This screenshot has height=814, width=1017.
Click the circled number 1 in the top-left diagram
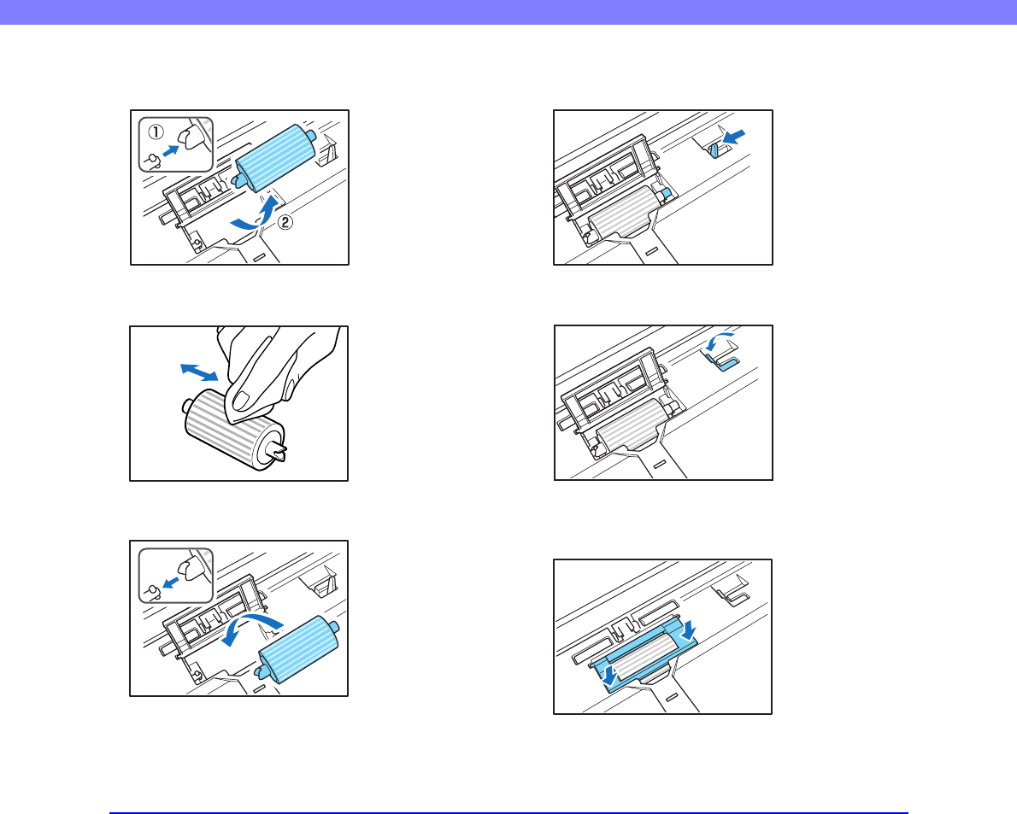tap(156, 132)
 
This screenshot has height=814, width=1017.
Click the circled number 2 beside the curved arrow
tap(285, 222)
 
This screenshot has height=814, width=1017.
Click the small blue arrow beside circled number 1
tap(171, 150)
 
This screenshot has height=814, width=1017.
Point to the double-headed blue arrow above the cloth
tap(199, 372)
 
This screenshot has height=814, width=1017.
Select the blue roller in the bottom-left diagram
tap(298, 649)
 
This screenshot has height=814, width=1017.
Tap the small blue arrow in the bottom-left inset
tap(171, 583)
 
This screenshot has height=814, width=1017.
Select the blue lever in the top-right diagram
tap(714, 151)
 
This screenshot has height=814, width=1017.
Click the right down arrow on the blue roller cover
tap(689, 628)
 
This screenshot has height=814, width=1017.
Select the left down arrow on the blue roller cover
tap(609, 676)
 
